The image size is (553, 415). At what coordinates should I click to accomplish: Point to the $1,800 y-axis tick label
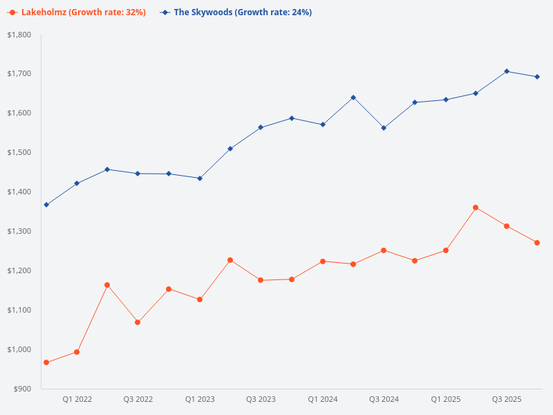coord(19,35)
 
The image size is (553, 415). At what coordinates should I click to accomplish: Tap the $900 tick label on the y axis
coord(23,389)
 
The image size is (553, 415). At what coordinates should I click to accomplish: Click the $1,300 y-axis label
coord(19,231)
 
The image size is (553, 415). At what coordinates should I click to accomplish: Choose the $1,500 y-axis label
coord(19,152)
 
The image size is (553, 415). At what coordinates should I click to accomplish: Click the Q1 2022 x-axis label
coord(77,399)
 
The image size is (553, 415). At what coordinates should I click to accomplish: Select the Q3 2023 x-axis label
coord(261,399)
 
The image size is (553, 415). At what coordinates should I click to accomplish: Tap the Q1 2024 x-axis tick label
coord(323,399)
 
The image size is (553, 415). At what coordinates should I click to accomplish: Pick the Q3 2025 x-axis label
coord(507,399)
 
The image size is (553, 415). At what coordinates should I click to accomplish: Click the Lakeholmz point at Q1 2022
coord(77,352)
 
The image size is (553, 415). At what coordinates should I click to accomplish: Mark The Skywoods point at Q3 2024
coord(384,128)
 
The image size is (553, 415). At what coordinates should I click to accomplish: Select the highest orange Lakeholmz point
coord(476,207)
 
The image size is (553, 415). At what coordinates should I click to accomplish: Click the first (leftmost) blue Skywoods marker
coord(46,205)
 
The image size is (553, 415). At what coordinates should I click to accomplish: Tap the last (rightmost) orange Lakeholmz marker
coord(537,243)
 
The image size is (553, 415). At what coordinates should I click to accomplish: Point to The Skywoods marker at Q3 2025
coord(507,71)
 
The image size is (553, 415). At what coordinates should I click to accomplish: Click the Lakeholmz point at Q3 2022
coord(138,322)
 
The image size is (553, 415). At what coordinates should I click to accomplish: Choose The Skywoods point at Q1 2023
coord(200,178)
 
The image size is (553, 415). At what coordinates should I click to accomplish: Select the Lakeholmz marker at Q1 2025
coord(446,250)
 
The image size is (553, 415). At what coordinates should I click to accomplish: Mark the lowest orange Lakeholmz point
coord(46,362)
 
